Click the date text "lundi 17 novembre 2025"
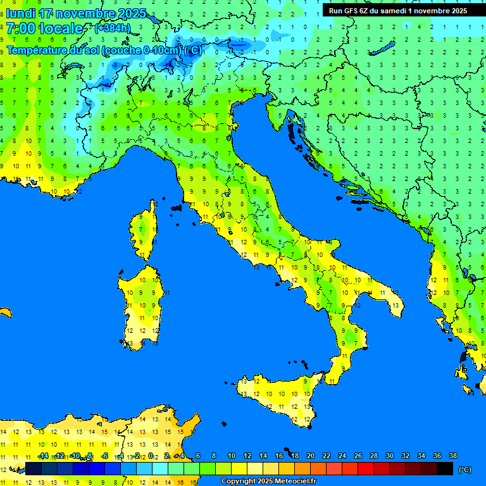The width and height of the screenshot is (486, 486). click(77, 13)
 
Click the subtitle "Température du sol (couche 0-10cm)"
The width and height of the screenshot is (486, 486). click(94, 51)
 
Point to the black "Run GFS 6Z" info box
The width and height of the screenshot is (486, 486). click(398, 10)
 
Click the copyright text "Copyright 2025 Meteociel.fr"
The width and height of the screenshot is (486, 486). click(268, 482)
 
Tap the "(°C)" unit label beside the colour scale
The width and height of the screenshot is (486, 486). click(464, 470)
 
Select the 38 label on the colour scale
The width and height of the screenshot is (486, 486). click(452, 456)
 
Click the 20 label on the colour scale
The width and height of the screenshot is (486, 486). click(310, 456)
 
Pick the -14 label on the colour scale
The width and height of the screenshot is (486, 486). click(44, 456)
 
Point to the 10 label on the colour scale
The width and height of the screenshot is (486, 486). click(231, 456)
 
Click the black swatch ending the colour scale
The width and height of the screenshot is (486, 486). click(445, 469)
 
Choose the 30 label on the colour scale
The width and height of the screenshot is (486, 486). click(389, 456)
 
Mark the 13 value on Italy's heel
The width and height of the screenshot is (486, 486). click(396, 306)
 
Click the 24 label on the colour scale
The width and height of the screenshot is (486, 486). click(342, 456)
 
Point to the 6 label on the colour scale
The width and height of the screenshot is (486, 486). click(198, 456)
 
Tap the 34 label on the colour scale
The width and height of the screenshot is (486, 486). click(421, 456)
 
